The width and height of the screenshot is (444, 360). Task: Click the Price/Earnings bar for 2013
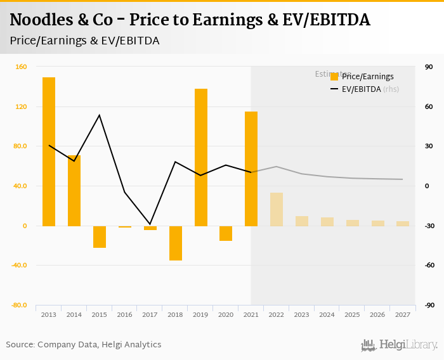click(x=49, y=151)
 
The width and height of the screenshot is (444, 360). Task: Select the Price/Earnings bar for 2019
click(x=200, y=157)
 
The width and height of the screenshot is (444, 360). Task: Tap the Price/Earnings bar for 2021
click(x=251, y=169)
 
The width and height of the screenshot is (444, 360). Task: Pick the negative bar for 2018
click(x=175, y=243)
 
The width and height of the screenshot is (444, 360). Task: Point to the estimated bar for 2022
click(x=277, y=209)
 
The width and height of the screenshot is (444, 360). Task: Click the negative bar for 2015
click(x=100, y=236)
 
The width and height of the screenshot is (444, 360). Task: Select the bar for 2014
click(x=74, y=191)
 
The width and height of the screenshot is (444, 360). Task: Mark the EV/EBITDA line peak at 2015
click(x=100, y=115)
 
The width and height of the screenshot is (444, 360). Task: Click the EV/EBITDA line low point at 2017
click(x=150, y=224)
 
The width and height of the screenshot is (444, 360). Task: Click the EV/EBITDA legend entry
click(x=361, y=89)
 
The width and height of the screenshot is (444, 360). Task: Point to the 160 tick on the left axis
click(x=21, y=67)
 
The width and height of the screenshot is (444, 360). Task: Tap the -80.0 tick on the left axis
click(x=18, y=305)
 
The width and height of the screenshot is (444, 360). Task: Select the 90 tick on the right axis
click(x=429, y=67)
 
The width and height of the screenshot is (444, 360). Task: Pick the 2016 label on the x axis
click(x=125, y=314)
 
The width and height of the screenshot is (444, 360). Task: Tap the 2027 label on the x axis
click(x=403, y=314)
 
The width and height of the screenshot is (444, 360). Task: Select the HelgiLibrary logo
click(x=399, y=345)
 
